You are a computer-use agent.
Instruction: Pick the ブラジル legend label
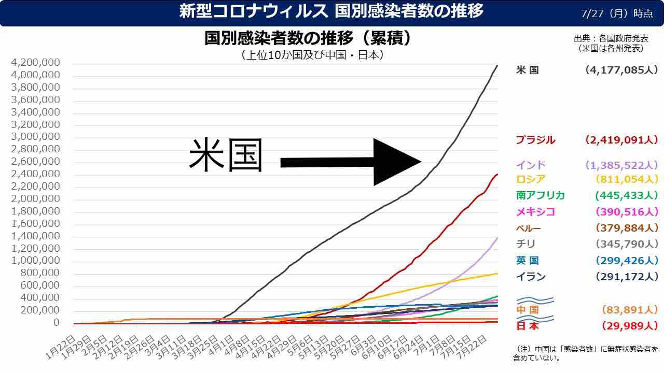[x=535, y=140]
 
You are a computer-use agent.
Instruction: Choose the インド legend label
[x=531, y=165]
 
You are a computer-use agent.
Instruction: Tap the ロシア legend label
[x=531, y=179]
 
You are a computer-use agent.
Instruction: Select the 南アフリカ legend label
[x=541, y=195]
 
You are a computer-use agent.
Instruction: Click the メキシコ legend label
[x=535, y=211]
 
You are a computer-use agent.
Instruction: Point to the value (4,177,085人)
[x=621, y=70]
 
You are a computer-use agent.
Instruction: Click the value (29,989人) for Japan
[x=630, y=326]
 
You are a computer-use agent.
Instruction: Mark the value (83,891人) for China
[x=630, y=310]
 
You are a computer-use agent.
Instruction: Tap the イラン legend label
[x=531, y=277]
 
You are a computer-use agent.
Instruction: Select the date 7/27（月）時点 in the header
[x=617, y=13]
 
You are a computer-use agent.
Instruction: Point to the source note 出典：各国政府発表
[x=611, y=39]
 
